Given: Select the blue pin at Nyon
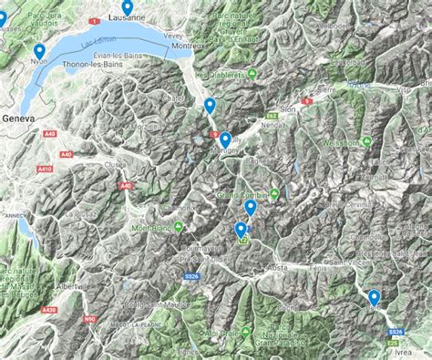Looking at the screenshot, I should (39, 53).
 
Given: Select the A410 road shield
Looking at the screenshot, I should (45, 170).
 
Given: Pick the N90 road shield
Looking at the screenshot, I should (89, 320).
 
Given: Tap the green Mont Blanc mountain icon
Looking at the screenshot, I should (178, 227).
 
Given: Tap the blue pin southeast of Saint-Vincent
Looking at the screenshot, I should (374, 297).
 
